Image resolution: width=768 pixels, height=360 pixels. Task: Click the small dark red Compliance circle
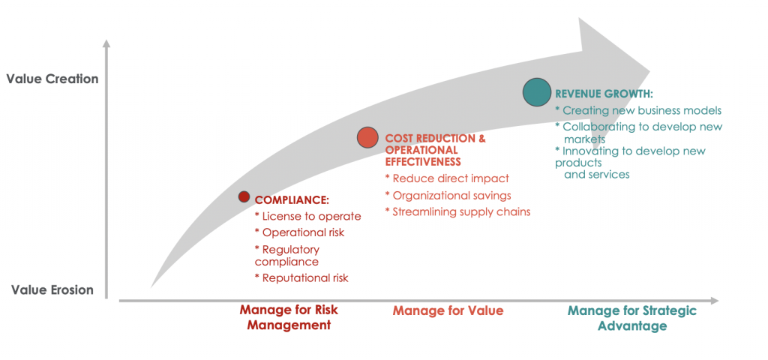(x=244, y=196)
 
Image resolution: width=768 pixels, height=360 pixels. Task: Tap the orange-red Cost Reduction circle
(x=367, y=138)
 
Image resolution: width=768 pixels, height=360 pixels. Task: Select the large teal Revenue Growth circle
(x=537, y=92)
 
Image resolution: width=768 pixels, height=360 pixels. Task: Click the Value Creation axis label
(x=52, y=79)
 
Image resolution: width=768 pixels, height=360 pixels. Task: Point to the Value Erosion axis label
(x=52, y=290)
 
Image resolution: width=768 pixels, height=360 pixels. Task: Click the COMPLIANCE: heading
(x=292, y=200)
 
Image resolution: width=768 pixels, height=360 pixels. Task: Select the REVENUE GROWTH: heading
(x=604, y=94)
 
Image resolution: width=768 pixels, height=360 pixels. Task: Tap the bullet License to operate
(x=308, y=217)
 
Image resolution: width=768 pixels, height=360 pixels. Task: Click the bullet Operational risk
(x=300, y=232)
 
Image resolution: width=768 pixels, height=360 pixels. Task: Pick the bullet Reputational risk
(x=301, y=278)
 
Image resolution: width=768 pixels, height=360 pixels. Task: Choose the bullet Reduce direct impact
(x=447, y=178)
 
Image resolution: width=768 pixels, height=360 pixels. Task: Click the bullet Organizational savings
(x=448, y=196)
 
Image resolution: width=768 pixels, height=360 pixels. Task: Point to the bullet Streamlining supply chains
(x=458, y=212)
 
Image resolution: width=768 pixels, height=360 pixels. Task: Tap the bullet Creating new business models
(x=638, y=111)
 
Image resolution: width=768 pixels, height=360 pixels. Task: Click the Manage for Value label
(x=448, y=311)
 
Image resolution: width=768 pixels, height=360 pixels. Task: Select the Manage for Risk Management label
(x=289, y=318)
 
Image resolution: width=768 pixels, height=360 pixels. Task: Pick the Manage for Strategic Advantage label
(x=631, y=318)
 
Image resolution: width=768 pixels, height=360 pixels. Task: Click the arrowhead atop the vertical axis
(x=106, y=44)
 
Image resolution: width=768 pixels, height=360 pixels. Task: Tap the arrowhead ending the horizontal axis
(x=714, y=300)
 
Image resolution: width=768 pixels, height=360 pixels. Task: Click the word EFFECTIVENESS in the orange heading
(x=423, y=162)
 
